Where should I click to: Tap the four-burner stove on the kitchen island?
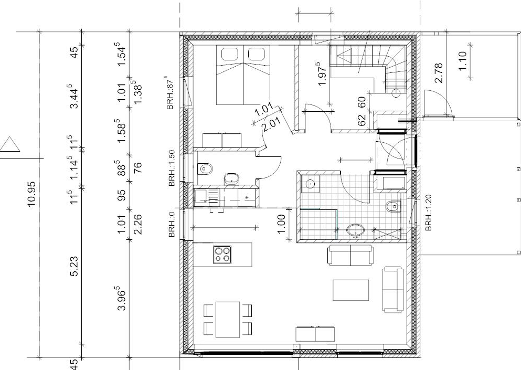tap(222, 254)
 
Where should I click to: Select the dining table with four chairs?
tap(228, 319)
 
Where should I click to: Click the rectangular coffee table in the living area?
tap(350, 290)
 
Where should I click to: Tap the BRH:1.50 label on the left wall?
tap(172, 168)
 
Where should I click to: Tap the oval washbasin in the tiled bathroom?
tap(356, 230)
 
